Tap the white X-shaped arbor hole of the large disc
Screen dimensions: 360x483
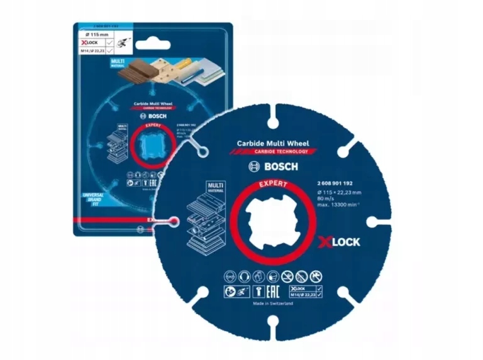click(271, 221)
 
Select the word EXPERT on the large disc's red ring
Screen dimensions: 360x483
click(271, 187)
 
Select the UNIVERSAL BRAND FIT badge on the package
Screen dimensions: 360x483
click(92, 199)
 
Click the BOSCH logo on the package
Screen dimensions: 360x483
click(150, 116)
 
